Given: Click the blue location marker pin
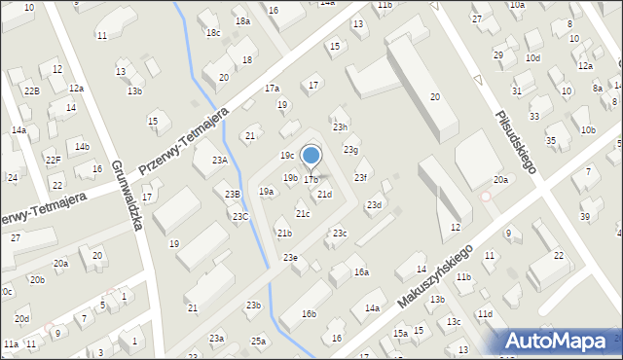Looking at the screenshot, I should pos(311,157).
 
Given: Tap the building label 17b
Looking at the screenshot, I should pos(311,180).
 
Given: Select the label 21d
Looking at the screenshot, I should pos(324,195).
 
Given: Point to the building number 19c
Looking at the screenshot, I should pos(287,156).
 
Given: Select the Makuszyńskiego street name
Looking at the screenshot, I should pos(434,276).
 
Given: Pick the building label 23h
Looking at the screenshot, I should pos(340,127).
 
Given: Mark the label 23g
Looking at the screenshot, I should pos(350,150).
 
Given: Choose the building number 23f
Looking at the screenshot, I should pos(360,177).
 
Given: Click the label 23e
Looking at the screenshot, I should pos(290,257).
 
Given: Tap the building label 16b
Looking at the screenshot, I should pos(310,313).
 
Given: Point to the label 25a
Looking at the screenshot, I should pos(258,341).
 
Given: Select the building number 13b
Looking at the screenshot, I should pos(134,91).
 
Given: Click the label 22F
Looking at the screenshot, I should pos(55,161).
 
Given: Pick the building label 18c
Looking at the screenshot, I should pos(212,33).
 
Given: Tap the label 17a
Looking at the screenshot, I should pos(273,89).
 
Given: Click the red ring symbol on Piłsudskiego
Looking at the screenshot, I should pos(486,197).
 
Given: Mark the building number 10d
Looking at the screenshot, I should pos(532,58).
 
